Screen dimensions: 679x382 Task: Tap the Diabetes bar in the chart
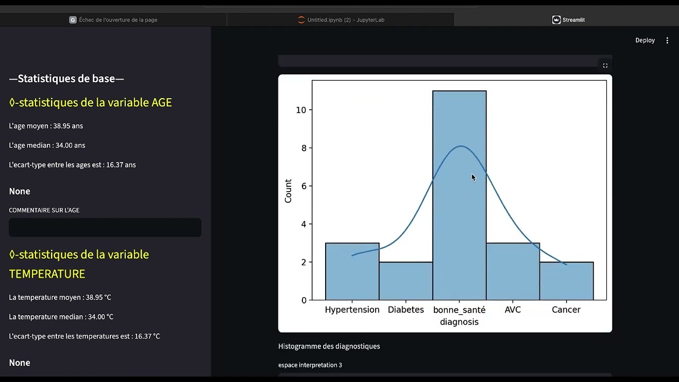coord(406,281)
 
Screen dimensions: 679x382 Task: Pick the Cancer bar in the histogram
coord(567,281)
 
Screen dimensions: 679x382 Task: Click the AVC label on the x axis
coord(513,309)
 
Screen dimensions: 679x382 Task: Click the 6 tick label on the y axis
coord(304,186)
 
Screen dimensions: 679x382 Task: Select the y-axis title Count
coord(288,190)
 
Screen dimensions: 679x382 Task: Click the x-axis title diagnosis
coord(459,322)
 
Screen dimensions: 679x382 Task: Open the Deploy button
coord(645,40)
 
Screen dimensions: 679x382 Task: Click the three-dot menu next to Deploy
coord(667,40)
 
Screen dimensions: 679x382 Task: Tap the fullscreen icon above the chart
coord(605,65)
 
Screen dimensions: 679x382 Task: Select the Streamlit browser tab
coord(568,20)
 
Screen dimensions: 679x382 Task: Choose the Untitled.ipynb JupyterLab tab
coord(341,20)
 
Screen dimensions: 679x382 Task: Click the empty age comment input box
coord(105,228)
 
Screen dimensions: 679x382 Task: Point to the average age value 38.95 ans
coord(68,126)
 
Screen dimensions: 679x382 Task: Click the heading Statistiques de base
coord(66,79)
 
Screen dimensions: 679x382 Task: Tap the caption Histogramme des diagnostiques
coord(329,346)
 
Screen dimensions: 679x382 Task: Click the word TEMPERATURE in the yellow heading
coord(47,274)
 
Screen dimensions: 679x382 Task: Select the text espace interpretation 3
coord(310,365)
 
